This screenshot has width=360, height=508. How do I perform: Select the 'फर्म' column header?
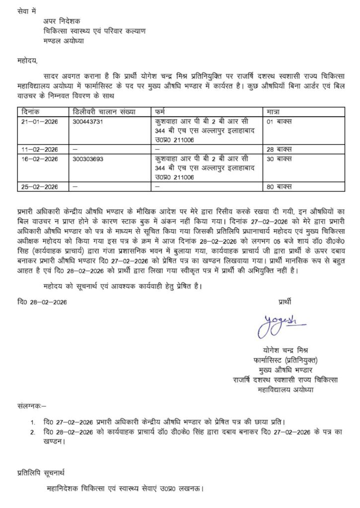161,112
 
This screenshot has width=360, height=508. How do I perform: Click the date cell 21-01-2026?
40,121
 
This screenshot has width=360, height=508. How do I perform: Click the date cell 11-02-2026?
40,149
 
